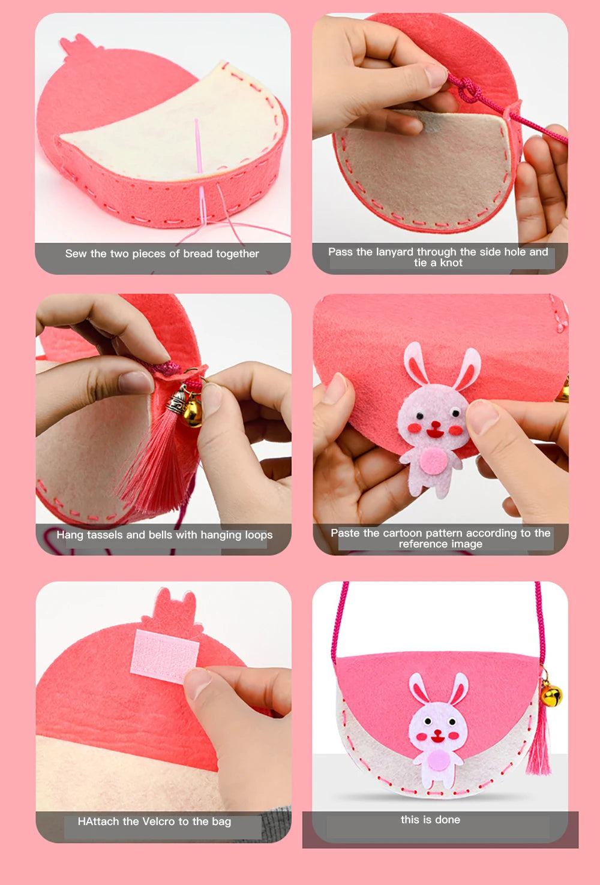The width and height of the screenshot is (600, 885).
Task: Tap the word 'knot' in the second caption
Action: pos(451,263)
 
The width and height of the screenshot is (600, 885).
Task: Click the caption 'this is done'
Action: pos(430,820)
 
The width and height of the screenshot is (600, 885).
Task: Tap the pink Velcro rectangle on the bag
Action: pos(164,655)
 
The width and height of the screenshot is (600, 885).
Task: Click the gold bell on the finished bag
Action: pos(551,696)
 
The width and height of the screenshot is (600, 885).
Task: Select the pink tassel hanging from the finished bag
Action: pos(539,743)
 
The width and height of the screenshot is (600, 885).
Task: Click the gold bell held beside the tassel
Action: pos(191,413)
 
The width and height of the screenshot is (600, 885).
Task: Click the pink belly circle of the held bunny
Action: pos(433,462)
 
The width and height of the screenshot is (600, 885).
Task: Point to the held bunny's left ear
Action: pos(415,363)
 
